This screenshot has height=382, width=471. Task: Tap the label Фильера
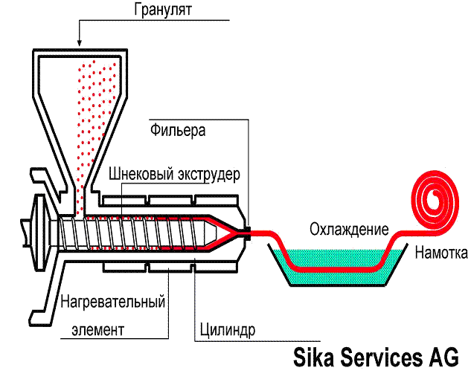177,131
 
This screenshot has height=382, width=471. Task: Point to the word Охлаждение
350,227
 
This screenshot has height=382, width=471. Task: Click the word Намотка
440,253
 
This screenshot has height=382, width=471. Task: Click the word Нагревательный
112,302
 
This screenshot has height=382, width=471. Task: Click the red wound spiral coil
435,196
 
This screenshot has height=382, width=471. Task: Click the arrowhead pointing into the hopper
78,39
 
